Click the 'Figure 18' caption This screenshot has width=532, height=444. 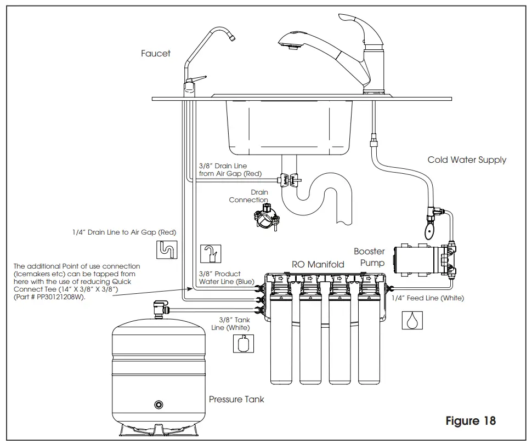tap(471, 421)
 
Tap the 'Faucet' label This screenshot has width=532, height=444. tap(155, 54)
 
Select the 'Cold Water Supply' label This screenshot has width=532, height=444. tap(467, 160)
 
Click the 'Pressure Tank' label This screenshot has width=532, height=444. tap(236, 399)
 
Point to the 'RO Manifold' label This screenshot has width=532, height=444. tap(318, 264)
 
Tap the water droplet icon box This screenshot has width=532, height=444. tap(412, 320)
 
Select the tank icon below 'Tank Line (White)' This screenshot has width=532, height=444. tap(242, 344)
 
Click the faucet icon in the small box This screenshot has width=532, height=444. tap(210, 254)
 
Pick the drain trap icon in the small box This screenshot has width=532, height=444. tap(166, 250)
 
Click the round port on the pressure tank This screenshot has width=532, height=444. tap(159, 405)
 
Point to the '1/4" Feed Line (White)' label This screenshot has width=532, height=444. tap(428, 298)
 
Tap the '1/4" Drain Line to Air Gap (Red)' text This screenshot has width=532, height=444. tap(124, 232)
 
